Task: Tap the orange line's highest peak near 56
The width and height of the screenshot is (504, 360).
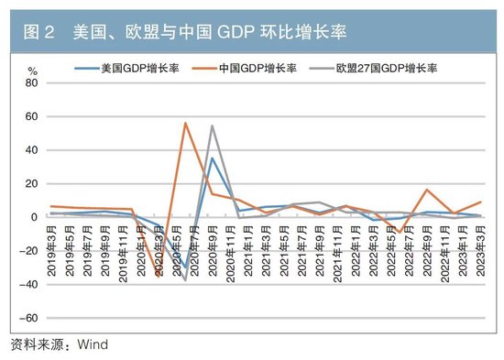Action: [185, 123]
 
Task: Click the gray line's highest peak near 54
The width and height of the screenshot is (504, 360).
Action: [213, 125]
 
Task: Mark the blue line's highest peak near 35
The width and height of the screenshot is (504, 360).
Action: [213, 158]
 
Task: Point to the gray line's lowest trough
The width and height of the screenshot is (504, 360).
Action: [185, 279]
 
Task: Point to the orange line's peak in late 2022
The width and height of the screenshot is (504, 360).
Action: [427, 190]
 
